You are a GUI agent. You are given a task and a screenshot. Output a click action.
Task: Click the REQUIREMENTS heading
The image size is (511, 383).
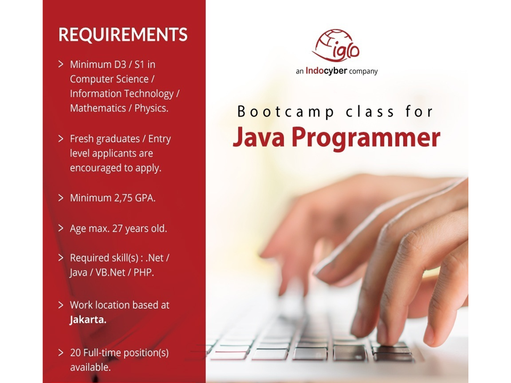[123, 35]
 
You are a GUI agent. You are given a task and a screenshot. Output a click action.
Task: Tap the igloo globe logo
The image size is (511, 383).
[336, 46]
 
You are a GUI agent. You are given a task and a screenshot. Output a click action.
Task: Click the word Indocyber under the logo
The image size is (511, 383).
[326, 71]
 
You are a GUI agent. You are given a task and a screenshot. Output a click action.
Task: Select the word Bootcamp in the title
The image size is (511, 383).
[285, 112]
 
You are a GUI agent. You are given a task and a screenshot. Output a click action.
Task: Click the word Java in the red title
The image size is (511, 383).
[259, 137]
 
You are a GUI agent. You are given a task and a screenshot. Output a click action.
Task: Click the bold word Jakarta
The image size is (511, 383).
[88, 320]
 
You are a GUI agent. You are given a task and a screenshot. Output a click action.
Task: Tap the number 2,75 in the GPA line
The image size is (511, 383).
[121, 198]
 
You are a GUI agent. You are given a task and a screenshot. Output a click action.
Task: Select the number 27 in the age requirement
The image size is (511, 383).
[117, 229]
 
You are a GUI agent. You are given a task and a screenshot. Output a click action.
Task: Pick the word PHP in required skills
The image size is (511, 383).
[143, 272]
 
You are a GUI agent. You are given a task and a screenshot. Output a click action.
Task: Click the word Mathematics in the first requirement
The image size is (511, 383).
[98, 108]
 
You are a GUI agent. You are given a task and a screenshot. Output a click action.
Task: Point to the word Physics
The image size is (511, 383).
[151, 109]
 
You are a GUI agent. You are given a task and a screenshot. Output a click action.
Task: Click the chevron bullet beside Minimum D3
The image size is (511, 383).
[61, 64]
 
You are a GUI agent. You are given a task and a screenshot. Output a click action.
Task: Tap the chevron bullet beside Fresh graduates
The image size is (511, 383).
[61, 138]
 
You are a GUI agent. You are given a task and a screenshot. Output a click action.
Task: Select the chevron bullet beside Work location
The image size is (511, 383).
[61, 305]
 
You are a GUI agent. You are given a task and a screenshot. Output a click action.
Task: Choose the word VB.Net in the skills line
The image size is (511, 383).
[110, 272]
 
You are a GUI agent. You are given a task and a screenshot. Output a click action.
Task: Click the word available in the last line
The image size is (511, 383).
[90, 368]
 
